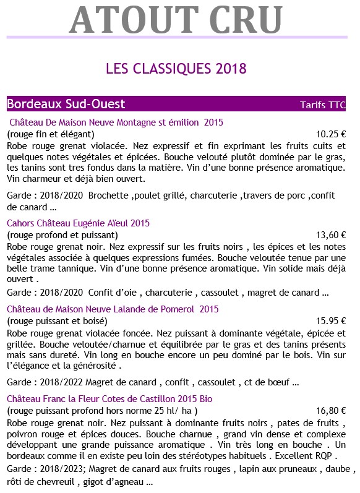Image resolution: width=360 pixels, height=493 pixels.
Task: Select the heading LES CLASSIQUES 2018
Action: pos(176,67)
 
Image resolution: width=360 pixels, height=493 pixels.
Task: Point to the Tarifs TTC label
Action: pos(322,105)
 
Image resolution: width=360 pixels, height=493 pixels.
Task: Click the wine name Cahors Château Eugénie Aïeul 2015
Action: pos(78,223)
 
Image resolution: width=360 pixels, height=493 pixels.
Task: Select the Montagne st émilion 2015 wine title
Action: pos(116,122)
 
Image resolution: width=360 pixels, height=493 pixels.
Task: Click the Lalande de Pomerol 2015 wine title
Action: pos(113,309)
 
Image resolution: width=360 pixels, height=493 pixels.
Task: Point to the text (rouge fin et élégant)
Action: pos(50,134)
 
